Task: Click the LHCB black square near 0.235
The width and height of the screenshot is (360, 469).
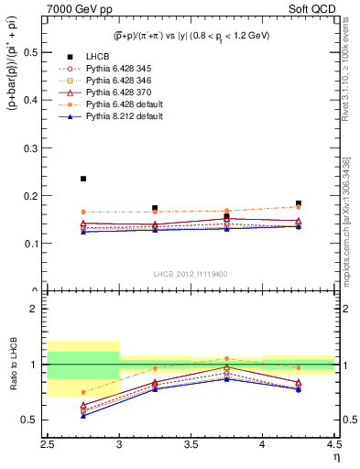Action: (83, 179)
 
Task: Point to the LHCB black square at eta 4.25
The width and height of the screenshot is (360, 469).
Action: (299, 203)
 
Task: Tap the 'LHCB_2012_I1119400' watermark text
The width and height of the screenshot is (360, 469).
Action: (191, 275)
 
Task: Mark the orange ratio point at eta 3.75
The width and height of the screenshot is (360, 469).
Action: (227, 359)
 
